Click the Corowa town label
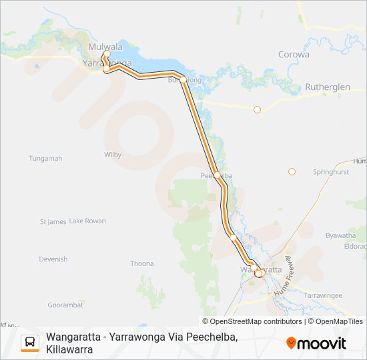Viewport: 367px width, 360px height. [x=294, y=55]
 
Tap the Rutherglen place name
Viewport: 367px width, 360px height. [x=327, y=87]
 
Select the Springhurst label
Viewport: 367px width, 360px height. [x=331, y=172]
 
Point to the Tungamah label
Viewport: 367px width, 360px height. [x=45, y=159]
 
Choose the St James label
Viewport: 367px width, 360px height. [x=53, y=221]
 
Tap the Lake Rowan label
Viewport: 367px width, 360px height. [x=87, y=221]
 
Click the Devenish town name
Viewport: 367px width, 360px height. [x=53, y=259]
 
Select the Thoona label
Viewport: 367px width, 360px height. [x=142, y=263]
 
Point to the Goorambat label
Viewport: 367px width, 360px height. [x=65, y=304]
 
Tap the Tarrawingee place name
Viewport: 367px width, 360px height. [x=322, y=295]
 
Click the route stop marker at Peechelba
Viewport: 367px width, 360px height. [x=218, y=175]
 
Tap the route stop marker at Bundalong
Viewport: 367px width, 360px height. [x=183, y=79]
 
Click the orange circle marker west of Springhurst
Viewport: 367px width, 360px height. [x=292, y=172]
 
